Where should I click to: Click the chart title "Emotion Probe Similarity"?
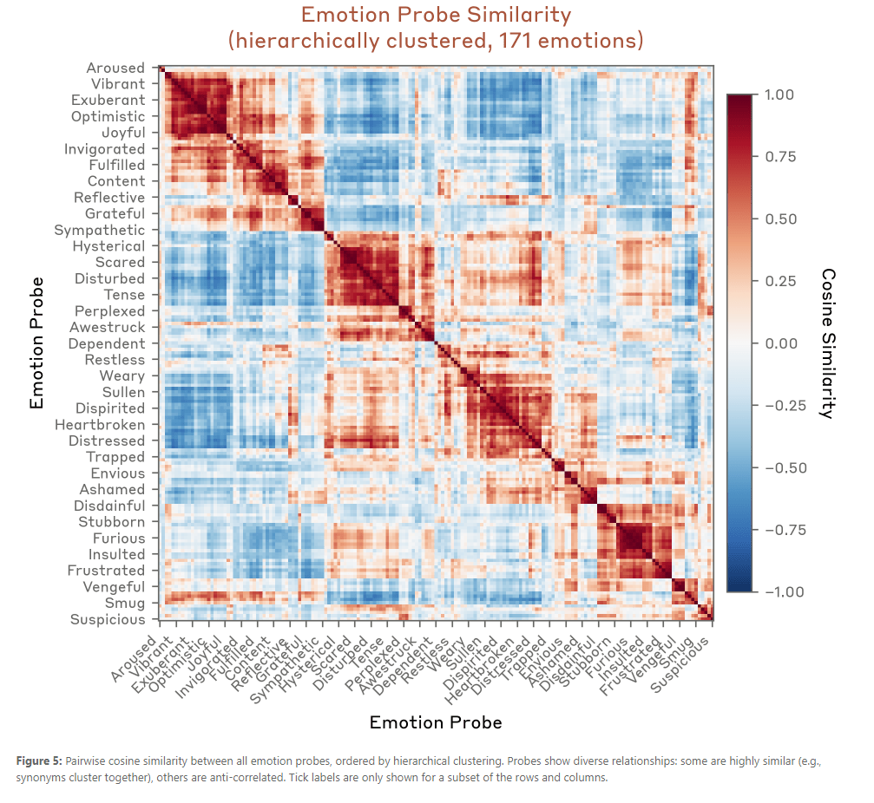pyautogui.click(x=436, y=15)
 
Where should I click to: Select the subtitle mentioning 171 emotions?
pyautogui.click(x=436, y=40)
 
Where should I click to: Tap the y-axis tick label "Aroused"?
pyautogui.click(x=115, y=68)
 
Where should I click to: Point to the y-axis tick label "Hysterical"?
pyautogui.click(x=108, y=246)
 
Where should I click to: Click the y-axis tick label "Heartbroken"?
pyautogui.click(x=100, y=425)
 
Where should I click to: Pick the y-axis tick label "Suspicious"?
pyautogui.click(x=108, y=620)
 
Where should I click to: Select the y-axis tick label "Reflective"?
pyautogui.click(x=109, y=198)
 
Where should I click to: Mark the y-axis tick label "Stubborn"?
pyautogui.click(x=112, y=522)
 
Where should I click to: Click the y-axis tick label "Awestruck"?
pyautogui.click(x=108, y=328)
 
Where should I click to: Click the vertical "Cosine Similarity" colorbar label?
pyautogui.click(x=829, y=343)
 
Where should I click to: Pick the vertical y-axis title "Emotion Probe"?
pyautogui.click(x=36, y=343)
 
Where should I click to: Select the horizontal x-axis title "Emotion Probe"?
pyautogui.click(x=436, y=722)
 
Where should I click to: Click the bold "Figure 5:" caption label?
pyautogui.click(x=39, y=761)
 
